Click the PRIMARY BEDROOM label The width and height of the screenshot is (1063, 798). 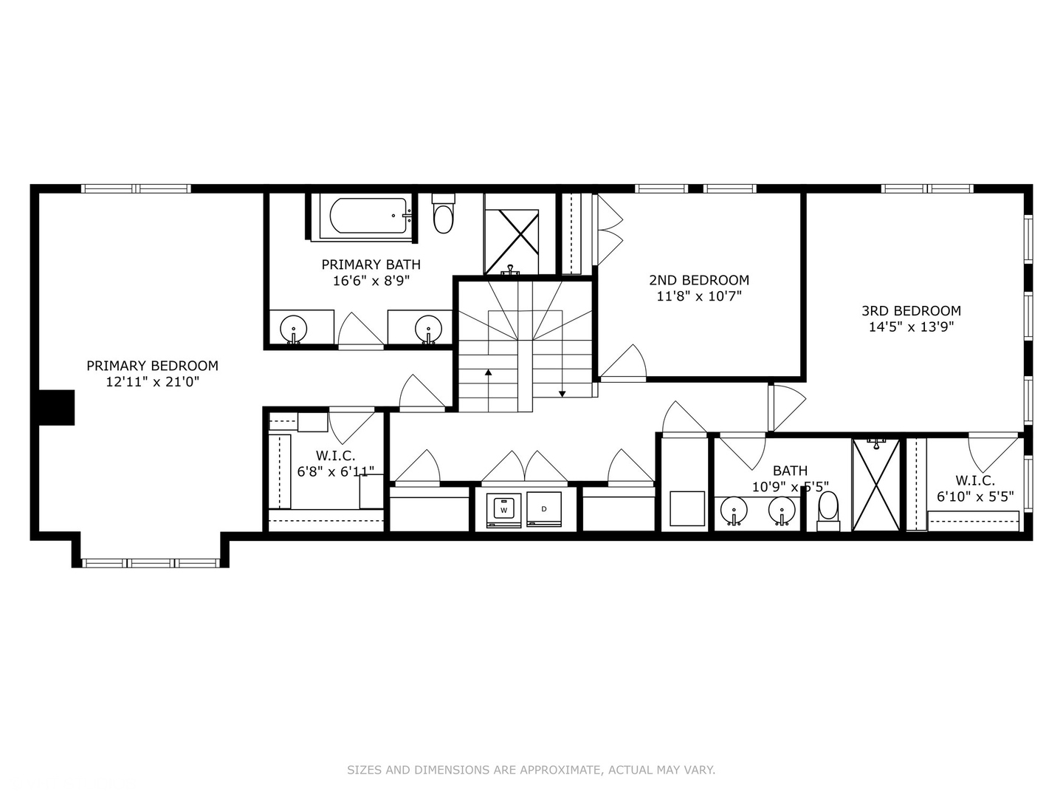point(152,366)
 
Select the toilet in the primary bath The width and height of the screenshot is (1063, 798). point(443,216)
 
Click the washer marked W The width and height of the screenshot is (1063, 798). point(504,510)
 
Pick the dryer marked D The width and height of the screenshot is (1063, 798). point(544,509)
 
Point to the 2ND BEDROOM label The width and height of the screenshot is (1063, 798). point(699,280)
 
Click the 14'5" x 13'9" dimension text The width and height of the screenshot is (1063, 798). point(911,327)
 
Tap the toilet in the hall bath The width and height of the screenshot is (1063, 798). point(828,509)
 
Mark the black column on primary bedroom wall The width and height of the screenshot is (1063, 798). point(57,407)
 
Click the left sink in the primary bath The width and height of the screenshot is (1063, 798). point(294,328)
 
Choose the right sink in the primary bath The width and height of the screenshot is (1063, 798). point(428,328)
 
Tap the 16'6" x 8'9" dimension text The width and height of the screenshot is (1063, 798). point(371,281)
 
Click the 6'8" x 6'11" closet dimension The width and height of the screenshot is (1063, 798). point(336,471)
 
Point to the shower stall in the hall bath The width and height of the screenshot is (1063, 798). point(876,485)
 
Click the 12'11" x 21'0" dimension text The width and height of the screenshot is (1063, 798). point(152,382)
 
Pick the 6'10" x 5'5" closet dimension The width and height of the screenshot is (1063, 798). point(975,497)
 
